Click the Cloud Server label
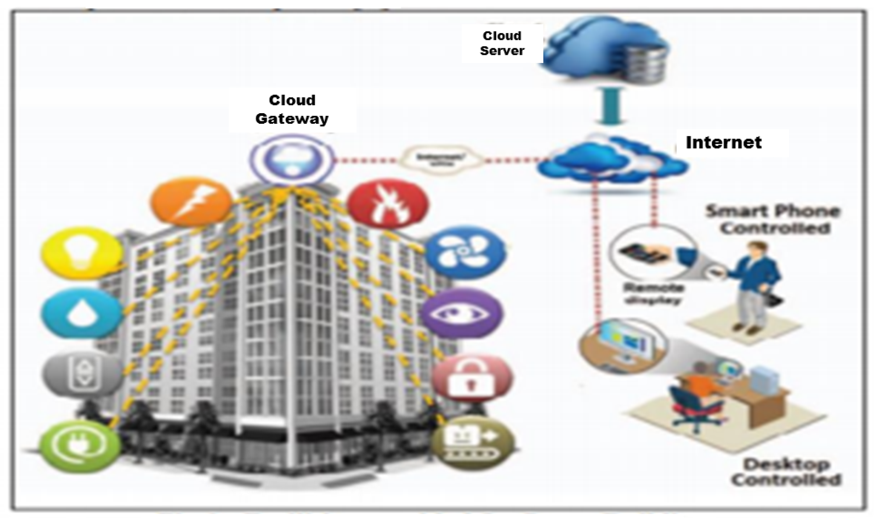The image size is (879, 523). click(502, 43)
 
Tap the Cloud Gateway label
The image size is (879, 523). click(292, 109)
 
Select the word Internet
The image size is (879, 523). click(723, 143)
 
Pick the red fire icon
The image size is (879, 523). click(388, 204)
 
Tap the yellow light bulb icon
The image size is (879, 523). click(82, 252)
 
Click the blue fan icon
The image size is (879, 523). click(465, 252)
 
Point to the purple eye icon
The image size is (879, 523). click(462, 313)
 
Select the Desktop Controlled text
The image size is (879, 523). click(786, 472)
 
